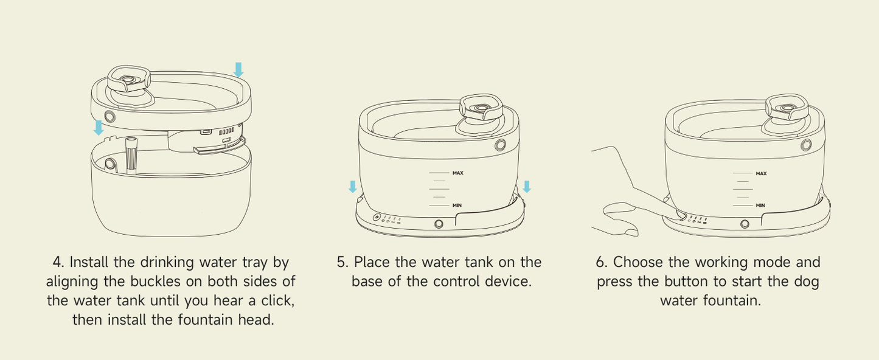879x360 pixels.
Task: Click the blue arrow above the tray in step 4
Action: (x=238, y=69)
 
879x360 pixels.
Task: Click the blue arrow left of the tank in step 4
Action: (x=99, y=128)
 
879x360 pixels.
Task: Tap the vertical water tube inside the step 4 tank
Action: (x=131, y=155)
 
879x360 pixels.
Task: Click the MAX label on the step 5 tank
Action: (x=457, y=173)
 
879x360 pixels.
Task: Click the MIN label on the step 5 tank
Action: (x=457, y=206)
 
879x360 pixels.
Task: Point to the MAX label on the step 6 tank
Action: (x=761, y=173)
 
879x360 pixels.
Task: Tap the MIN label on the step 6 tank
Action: (x=760, y=206)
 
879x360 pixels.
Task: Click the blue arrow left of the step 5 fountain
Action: (x=353, y=187)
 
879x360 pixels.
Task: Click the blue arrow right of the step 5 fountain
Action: (x=527, y=187)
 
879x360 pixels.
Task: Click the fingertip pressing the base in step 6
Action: (x=681, y=215)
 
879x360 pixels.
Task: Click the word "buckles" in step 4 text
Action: (x=155, y=282)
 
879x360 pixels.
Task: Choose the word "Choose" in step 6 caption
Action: (x=638, y=262)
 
